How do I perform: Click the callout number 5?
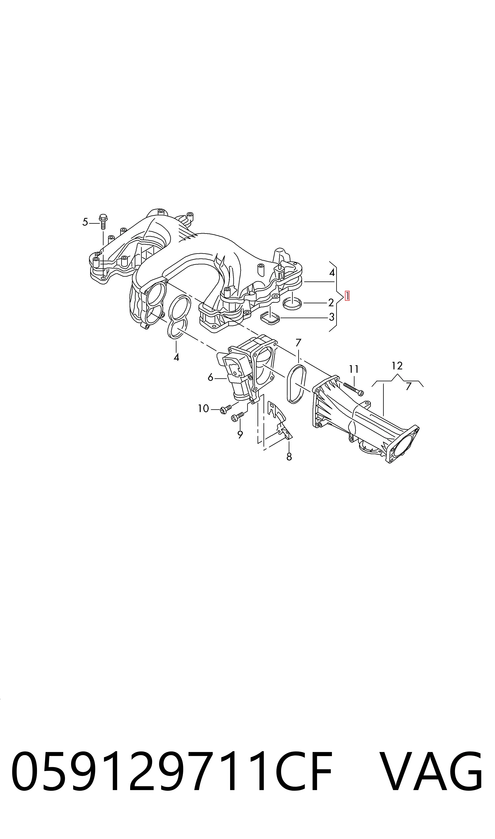pos(85,222)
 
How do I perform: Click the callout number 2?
pos(331,303)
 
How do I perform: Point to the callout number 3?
pos(331,317)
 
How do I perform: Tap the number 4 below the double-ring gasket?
pos(176,357)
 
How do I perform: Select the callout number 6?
pos(210,377)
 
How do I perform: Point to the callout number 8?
pos(289,457)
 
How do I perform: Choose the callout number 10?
pos(203,408)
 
